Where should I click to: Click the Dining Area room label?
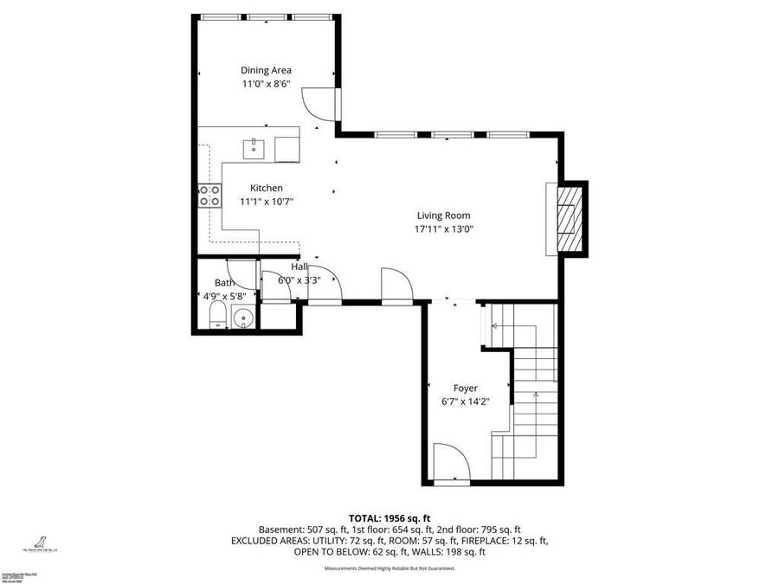pyautogui.click(x=266, y=70)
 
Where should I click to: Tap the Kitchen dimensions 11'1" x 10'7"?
pyautogui.click(x=266, y=202)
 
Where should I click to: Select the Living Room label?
pyautogui.click(x=443, y=215)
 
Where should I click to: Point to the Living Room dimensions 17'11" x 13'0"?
pyautogui.click(x=443, y=229)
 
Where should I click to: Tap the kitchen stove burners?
pyautogui.click(x=209, y=196)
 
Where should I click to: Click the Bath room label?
pyautogui.click(x=224, y=283)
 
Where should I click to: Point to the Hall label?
pyautogui.click(x=299, y=266)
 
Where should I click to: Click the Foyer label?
pyautogui.click(x=465, y=388)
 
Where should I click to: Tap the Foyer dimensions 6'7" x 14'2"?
pyautogui.click(x=465, y=401)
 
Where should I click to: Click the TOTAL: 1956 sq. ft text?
pyautogui.click(x=389, y=517)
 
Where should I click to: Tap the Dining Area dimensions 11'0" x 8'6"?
pyautogui.click(x=266, y=84)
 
